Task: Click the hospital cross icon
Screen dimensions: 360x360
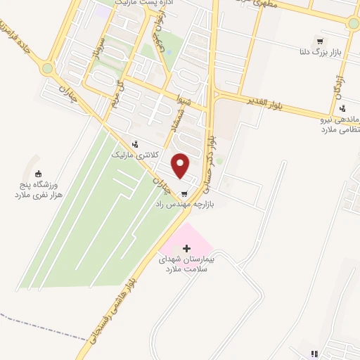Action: [x=186, y=248]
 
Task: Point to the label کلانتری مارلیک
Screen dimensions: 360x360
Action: [x=136, y=154]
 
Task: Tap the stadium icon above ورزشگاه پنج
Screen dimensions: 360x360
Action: [x=39, y=174]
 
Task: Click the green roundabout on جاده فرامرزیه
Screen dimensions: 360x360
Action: [x=47, y=69]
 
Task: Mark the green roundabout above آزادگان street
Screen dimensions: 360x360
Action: [x=353, y=22]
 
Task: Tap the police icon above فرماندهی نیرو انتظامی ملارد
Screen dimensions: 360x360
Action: [x=342, y=108]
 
